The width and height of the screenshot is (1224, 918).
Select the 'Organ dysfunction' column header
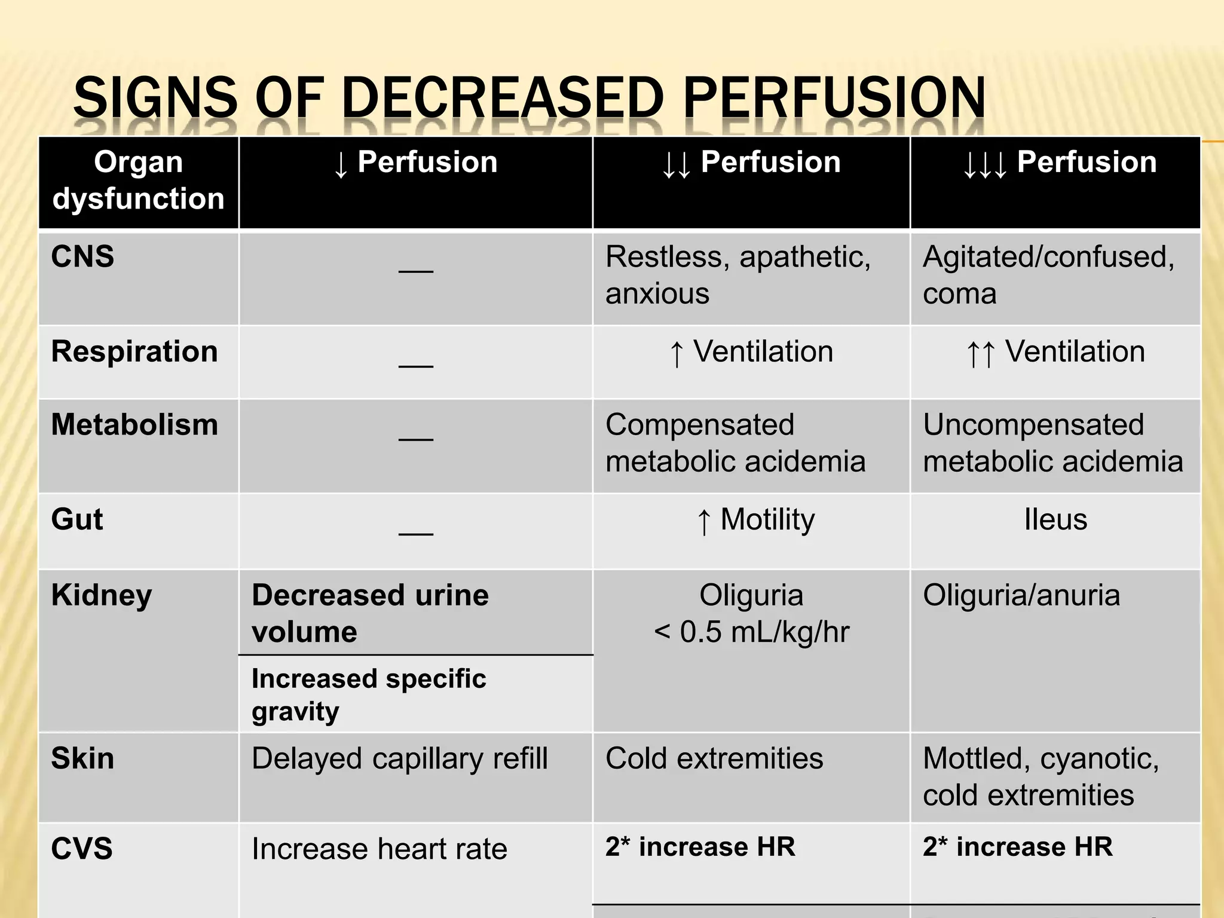pyautogui.click(x=138, y=180)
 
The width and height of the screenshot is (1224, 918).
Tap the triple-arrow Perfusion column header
pyautogui.click(x=1059, y=163)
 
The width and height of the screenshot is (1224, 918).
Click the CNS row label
pyautogui.click(x=82, y=257)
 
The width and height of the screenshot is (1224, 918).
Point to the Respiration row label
pyautogui.click(x=134, y=351)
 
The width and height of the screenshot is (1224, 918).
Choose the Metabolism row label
pyautogui.click(x=134, y=425)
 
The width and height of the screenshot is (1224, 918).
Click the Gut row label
pyautogui.click(x=77, y=519)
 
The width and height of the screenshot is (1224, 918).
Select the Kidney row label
pyautogui.click(x=102, y=595)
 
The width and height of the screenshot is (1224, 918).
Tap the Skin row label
pyautogui.click(x=82, y=758)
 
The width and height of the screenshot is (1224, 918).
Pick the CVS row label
pyautogui.click(x=82, y=849)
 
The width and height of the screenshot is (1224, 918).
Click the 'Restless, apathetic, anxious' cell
pyautogui.click(x=738, y=275)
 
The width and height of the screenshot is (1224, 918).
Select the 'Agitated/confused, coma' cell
pyautogui.click(x=1048, y=275)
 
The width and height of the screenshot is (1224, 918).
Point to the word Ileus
pyautogui.click(x=1055, y=519)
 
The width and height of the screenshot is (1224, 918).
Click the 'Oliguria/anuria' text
pyautogui.click(x=1021, y=595)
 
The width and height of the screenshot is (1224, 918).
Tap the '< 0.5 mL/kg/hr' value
pyautogui.click(x=751, y=632)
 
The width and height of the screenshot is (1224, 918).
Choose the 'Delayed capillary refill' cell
pyautogui.click(x=399, y=758)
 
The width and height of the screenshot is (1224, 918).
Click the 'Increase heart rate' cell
pyautogui.click(x=380, y=849)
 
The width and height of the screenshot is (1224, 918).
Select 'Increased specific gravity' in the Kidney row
pyautogui.click(x=369, y=695)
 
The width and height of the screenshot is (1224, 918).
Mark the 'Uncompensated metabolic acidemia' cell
pyautogui.click(x=1052, y=443)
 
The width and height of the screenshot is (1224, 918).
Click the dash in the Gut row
pyautogui.click(x=416, y=532)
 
